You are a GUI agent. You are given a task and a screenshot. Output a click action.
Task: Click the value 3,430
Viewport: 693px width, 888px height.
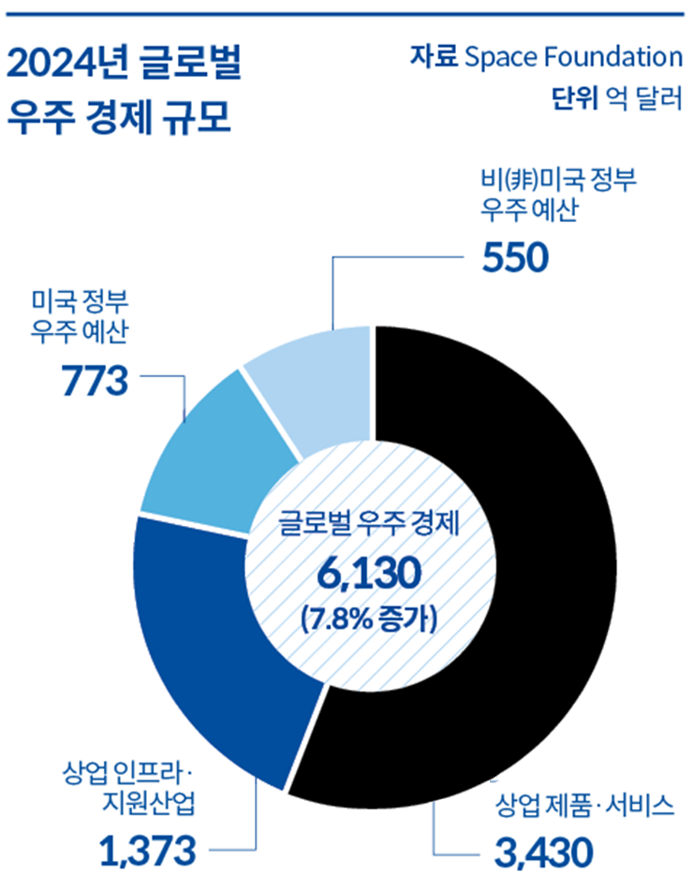click(542, 852)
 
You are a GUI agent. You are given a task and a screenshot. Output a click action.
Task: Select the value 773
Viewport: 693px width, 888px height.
click(93, 379)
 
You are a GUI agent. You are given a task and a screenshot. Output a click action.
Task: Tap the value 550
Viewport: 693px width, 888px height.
click(514, 257)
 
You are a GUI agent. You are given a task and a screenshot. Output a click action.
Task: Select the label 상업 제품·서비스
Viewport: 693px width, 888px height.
click(583, 805)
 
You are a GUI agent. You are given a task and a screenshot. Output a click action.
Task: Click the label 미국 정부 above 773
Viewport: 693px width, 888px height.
click(80, 302)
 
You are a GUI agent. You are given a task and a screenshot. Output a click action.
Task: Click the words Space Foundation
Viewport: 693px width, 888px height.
click(573, 58)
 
